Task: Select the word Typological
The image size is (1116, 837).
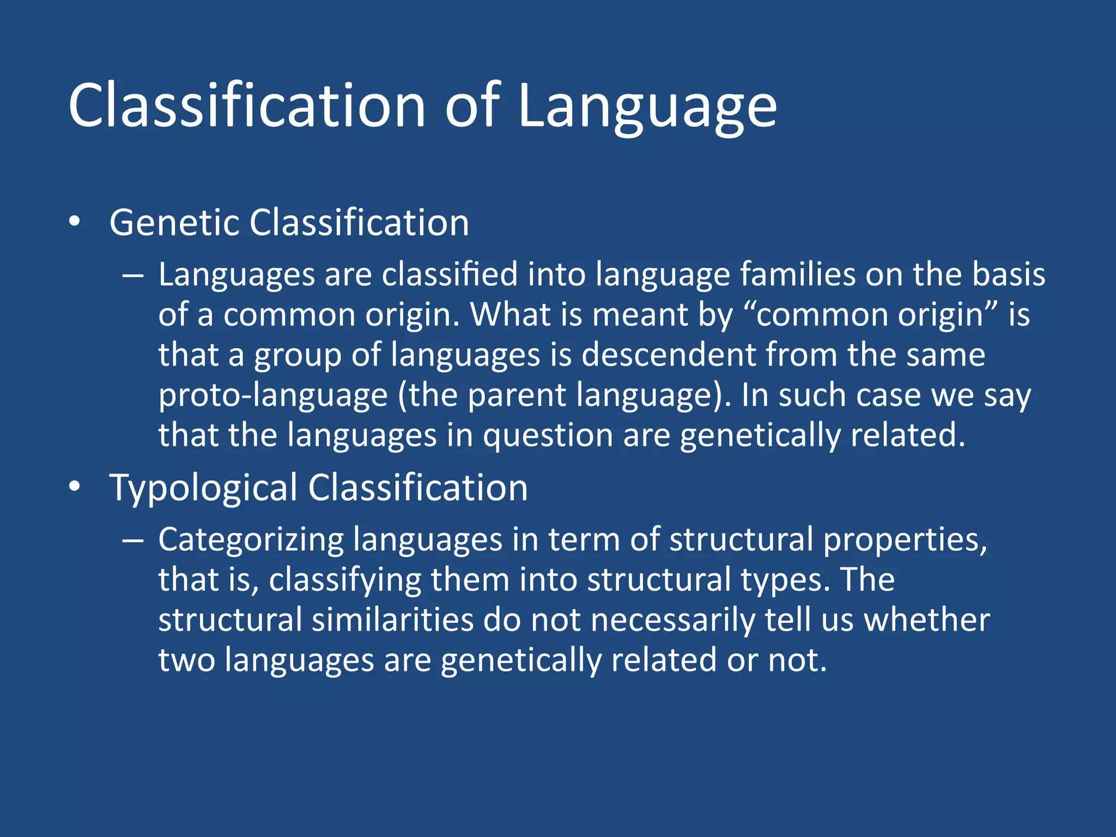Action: tap(203, 488)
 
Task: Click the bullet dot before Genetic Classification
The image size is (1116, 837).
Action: tap(75, 222)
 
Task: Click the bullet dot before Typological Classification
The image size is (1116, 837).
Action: tap(75, 486)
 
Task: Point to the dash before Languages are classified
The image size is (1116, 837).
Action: tap(133, 276)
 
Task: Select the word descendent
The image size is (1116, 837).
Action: tap(668, 355)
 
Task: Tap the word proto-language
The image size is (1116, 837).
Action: tap(272, 395)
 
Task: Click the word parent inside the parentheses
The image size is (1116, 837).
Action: tap(517, 395)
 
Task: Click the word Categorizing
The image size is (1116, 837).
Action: tap(251, 540)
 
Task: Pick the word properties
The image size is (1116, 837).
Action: tap(905, 540)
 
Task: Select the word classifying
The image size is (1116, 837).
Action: tap(345, 580)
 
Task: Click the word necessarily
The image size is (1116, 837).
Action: tap(672, 620)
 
